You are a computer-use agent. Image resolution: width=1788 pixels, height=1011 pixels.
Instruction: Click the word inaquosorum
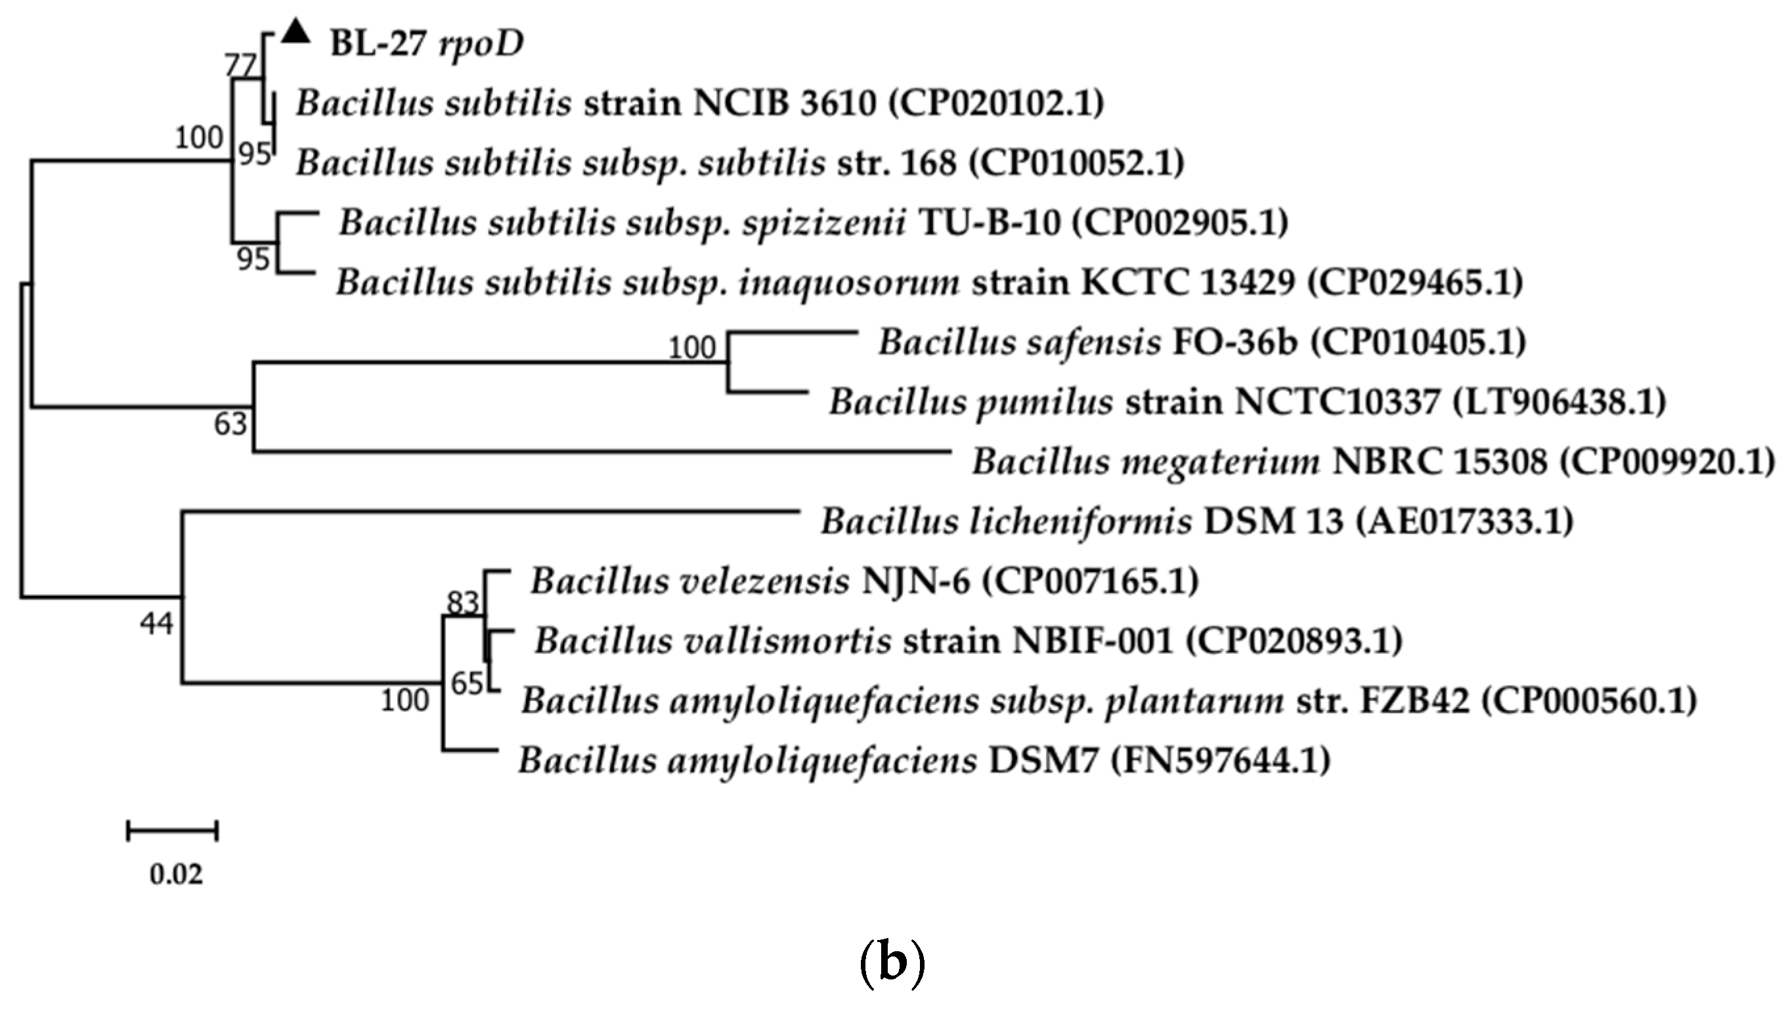point(849,283)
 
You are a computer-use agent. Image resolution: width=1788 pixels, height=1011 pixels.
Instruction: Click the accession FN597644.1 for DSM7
point(1221,760)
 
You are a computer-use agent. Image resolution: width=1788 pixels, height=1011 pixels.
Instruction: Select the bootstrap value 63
point(230,424)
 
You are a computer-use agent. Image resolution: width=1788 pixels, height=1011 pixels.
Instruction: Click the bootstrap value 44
point(156,623)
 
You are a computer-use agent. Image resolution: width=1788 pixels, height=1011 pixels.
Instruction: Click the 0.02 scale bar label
point(176,874)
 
